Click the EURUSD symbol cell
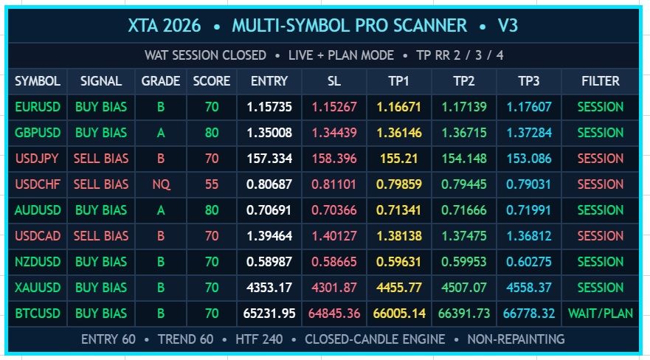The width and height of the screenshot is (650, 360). pyautogui.click(x=38, y=107)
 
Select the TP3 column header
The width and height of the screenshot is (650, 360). pyautogui.click(x=528, y=81)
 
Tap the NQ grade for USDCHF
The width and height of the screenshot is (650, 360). pyautogui.click(x=161, y=184)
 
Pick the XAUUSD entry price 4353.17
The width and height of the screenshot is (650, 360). pyautogui.click(x=269, y=288)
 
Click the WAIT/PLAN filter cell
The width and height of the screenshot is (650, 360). pyautogui.click(x=601, y=314)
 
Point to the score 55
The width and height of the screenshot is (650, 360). pyautogui.click(x=212, y=184)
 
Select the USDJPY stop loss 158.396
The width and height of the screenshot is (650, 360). pyautogui.click(x=334, y=159)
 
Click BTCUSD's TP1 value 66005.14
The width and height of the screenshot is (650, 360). pyautogui.click(x=399, y=314)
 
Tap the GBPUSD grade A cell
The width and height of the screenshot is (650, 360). pyautogui.click(x=161, y=133)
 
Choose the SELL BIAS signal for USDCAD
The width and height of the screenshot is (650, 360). pyautogui.click(x=101, y=236)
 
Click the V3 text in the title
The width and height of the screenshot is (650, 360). pyautogui.click(x=508, y=26)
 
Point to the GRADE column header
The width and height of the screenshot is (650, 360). pyautogui.click(x=161, y=81)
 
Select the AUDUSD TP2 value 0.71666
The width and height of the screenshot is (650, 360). pyautogui.click(x=463, y=210)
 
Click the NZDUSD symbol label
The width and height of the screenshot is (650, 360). pyautogui.click(x=38, y=262)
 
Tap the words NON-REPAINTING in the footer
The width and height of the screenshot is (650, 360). pyautogui.click(x=516, y=339)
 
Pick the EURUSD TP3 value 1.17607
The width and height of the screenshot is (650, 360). pyautogui.click(x=528, y=107)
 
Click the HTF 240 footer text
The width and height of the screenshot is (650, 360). pyautogui.click(x=259, y=339)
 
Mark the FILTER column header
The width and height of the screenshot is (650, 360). pyautogui.click(x=601, y=81)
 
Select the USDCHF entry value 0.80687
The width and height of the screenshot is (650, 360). pyautogui.click(x=269, y=184)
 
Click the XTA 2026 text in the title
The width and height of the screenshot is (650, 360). pyautogui.click(x=164, y=26)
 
